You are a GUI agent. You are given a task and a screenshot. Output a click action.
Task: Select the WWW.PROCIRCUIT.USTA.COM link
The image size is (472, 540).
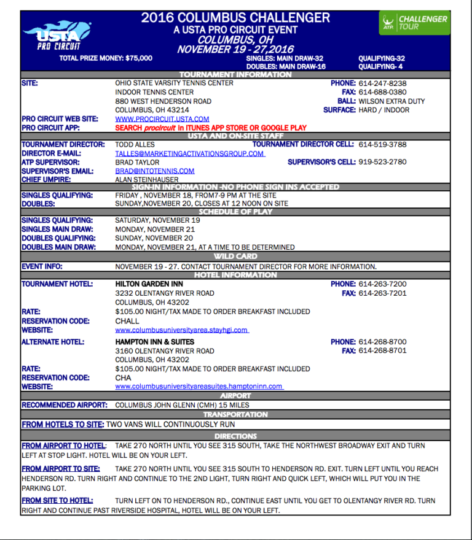[162, 119]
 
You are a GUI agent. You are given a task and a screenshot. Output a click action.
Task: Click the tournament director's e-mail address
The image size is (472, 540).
[190, 153]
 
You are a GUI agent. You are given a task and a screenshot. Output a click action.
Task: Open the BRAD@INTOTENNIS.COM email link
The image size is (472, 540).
[155, 171]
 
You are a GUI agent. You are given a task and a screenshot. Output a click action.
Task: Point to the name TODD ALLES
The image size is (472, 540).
[136, 145]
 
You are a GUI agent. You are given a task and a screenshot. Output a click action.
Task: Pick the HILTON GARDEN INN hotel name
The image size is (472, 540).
[154, 284]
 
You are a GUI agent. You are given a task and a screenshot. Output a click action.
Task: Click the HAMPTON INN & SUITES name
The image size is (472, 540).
[155, 342]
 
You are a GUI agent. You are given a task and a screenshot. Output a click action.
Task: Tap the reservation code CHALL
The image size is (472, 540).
[127, 321]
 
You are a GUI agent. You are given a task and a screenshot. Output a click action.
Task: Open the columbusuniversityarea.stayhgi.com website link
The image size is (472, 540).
[181, 330]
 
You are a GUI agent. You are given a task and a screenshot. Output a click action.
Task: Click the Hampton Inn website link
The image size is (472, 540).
[199, 387]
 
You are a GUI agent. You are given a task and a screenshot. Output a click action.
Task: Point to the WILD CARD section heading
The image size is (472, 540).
[235, 256]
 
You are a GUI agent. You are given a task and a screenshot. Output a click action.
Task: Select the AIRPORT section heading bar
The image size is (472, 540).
[235, 396]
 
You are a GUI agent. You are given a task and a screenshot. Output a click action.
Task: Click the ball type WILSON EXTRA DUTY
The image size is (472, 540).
[391, 101]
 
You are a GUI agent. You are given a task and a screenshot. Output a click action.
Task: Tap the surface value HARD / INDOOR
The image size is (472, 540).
[384, 110]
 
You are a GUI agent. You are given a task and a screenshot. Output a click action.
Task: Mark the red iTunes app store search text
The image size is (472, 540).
[211, 128]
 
